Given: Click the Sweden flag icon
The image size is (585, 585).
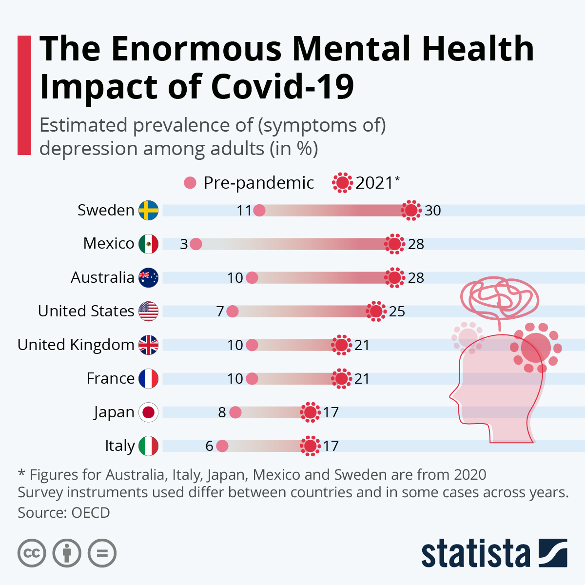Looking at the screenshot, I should click(149, 211).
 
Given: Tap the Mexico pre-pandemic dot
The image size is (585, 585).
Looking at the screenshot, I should click(196, 244).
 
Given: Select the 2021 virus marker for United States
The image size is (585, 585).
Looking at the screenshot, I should click(376, 311).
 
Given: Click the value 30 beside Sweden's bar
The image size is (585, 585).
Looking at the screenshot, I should click(433, 211).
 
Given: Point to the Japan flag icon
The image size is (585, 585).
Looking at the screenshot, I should click(149, 412).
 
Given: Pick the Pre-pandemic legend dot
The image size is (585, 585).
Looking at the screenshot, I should click(190, 183).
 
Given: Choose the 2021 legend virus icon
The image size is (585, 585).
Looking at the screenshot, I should click(342, 183).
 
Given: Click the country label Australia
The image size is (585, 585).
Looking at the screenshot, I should click(102, 277).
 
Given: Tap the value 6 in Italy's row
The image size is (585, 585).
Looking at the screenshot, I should click(209, 446).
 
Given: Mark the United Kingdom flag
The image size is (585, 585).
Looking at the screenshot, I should click(149, 345).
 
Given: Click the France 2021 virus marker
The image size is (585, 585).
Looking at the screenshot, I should click(342, 379).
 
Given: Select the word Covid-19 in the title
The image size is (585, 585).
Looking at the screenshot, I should click(282, 87).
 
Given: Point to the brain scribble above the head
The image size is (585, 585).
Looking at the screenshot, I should click(500, 297).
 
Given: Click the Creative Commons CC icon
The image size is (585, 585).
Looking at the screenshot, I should click(32, 553).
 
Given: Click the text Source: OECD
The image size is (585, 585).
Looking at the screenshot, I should click(64, 513).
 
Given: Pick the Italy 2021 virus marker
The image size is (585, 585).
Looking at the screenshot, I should click(310, 446).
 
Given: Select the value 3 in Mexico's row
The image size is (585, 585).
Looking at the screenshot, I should click(184, 244).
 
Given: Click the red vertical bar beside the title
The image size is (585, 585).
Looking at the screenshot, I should click(24, 95).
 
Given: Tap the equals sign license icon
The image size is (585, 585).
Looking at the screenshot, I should click(102, 553).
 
